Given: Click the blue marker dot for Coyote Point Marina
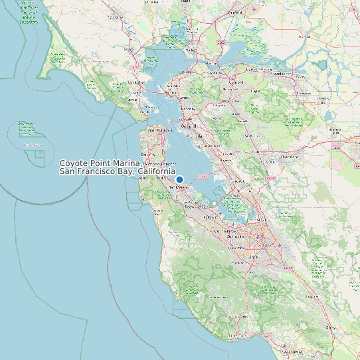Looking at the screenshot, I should [179, 179].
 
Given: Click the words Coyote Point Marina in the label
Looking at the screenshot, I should [100, 163].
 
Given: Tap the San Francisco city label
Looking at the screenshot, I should [160, 130].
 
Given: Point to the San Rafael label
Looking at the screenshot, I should [135, 82].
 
